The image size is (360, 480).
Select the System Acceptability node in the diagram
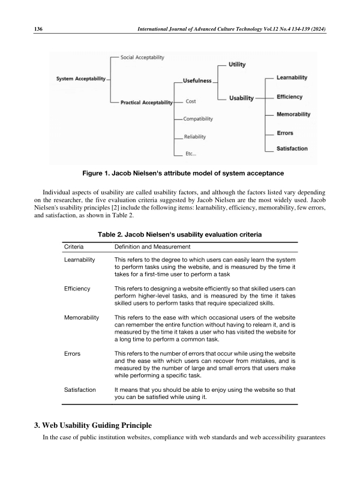point(81,79)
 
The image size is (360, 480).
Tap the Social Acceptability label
point(142,57)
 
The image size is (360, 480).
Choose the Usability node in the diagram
point(241,98)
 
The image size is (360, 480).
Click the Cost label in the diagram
point(191,101)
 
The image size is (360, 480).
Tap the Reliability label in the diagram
point(196,137)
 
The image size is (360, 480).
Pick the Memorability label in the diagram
point(293,114)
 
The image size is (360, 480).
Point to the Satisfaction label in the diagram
point(292,148)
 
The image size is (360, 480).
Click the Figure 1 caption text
point(182,173)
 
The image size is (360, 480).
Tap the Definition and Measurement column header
point(152,247)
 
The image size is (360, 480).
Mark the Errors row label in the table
point(72,355)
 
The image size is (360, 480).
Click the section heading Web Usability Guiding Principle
point(97,425)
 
